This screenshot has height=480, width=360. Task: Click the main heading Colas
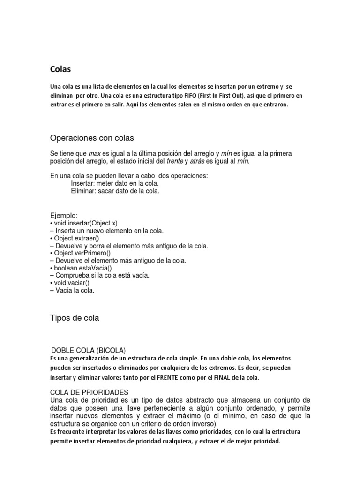coord(60,69)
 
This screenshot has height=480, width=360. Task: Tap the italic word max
coord(95,154)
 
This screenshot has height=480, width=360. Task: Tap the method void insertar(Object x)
coord(86,223)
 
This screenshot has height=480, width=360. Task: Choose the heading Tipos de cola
coord(75,318)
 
